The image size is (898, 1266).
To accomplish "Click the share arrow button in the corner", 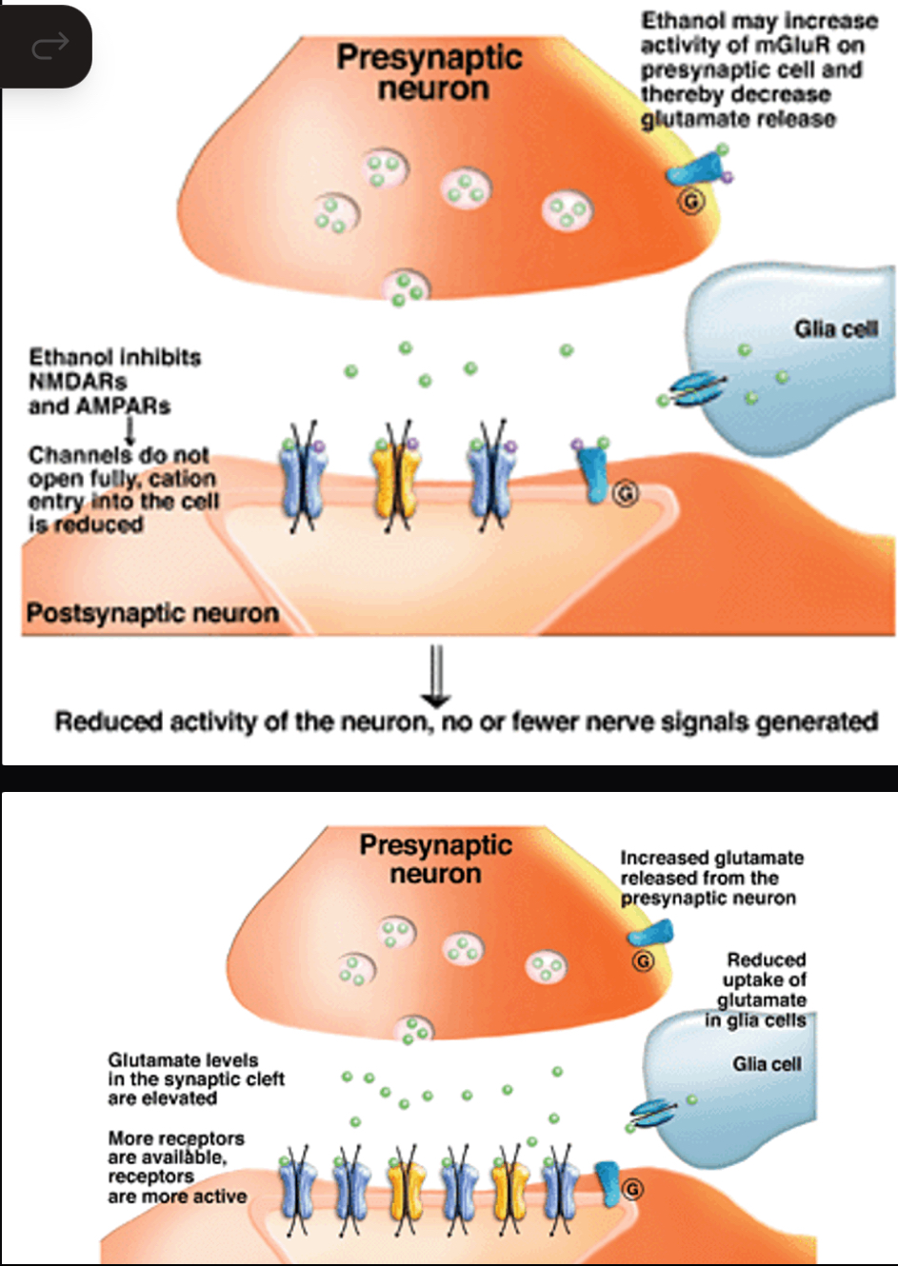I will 50,45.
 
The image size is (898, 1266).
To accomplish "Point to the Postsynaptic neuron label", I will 152,613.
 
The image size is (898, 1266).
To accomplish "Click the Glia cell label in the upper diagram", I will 835,329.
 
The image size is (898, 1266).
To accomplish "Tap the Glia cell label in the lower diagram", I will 766,1064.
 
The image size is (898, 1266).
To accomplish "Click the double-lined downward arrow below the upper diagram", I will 436,675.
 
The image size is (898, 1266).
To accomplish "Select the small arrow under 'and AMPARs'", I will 130,432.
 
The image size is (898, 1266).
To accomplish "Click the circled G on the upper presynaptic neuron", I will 691,202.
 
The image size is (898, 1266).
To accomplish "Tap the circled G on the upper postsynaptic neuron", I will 625,493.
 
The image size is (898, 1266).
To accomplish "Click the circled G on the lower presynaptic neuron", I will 644,961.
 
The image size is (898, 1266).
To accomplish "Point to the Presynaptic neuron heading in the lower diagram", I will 435,859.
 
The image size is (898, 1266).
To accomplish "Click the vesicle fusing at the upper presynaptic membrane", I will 407,286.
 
